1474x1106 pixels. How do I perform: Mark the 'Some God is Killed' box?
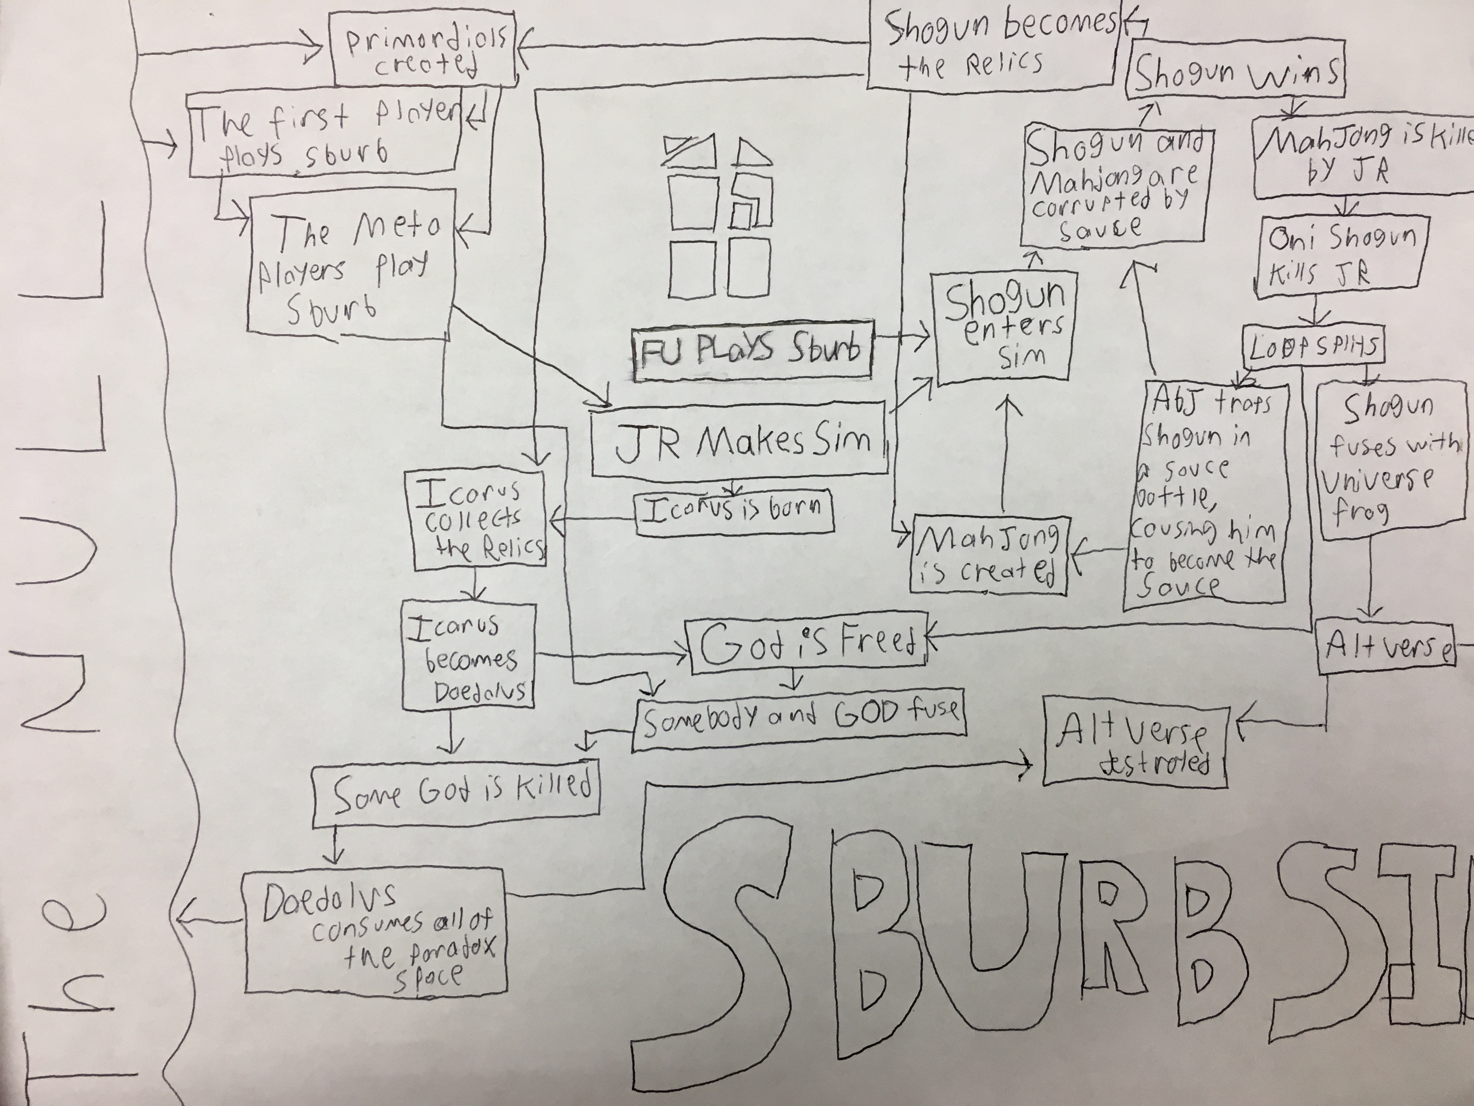(x=457, y=793)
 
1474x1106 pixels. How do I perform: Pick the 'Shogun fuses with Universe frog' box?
(x=1385, y=460)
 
